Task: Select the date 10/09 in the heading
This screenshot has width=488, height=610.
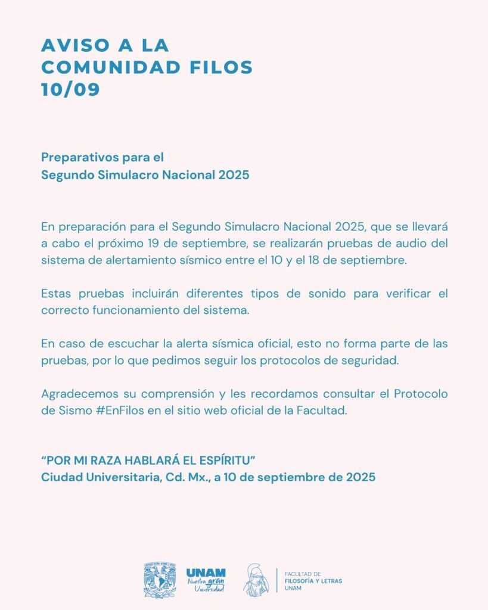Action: pos(70,89)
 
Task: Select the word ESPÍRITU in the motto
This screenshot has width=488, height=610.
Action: pos(229,461)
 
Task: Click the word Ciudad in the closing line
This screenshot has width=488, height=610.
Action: pos(58,478)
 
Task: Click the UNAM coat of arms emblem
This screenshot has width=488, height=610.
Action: pos(159,580)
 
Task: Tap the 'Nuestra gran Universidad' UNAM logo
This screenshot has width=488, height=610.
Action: pos(206,580)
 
